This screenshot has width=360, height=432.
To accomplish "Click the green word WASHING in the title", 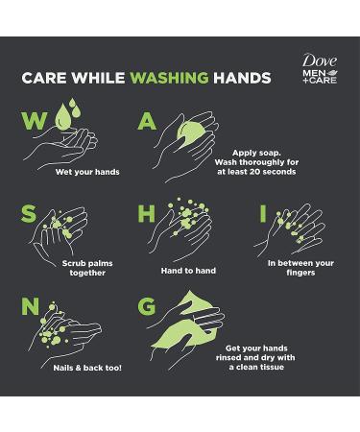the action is (x=170, y=78).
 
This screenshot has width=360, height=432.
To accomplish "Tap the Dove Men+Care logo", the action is (x=320, y=69).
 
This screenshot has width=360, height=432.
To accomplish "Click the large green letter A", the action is (x=147, y=121).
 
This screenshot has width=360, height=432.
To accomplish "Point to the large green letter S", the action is (x=29, y=213).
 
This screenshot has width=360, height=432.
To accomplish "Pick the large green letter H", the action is (x=146, y=213).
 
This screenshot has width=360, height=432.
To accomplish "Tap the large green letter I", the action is (x=263, y=213).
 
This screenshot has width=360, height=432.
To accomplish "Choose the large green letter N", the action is (x=30, y=306).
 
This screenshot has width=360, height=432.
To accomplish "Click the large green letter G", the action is (x=147, y=306).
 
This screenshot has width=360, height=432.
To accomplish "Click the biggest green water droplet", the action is (x=62, y=118).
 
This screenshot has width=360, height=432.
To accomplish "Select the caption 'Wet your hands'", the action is (x=87, y=172).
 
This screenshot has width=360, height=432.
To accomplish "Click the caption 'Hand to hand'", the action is (x=188, y=271).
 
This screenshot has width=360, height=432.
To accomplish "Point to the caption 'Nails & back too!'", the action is (x=87, y=368).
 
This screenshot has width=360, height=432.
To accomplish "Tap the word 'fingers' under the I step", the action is (x=300, y=273).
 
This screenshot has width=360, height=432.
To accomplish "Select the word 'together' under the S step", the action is (x=87, y=273).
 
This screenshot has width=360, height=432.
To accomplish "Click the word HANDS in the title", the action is (x=242, y=78).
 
